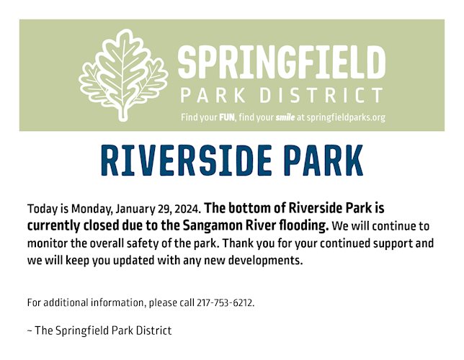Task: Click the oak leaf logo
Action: (123, 75)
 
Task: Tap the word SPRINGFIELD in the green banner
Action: (282, 63)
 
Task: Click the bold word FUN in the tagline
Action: (227, 117)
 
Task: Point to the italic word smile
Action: (285, 117)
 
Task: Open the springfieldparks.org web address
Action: (346, 118)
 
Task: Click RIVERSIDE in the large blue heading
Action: (186, 161)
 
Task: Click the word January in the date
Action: (135, 209)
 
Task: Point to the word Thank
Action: (238, 243)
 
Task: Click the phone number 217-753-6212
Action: (226, 303)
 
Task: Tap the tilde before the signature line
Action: (30, 330)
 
